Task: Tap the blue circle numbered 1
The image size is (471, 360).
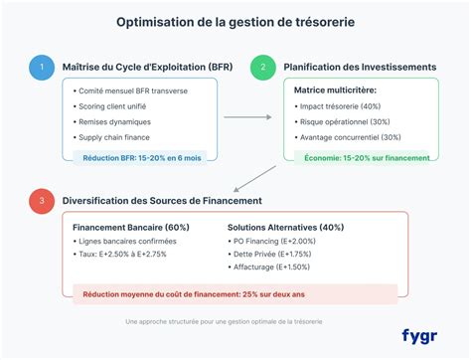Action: [41, 68]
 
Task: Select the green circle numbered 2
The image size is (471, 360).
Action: [262, 68]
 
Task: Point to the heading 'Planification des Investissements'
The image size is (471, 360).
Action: [361, 68]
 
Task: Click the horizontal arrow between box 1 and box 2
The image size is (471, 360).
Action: [248, 117]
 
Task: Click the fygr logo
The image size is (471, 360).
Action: [421, 335]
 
